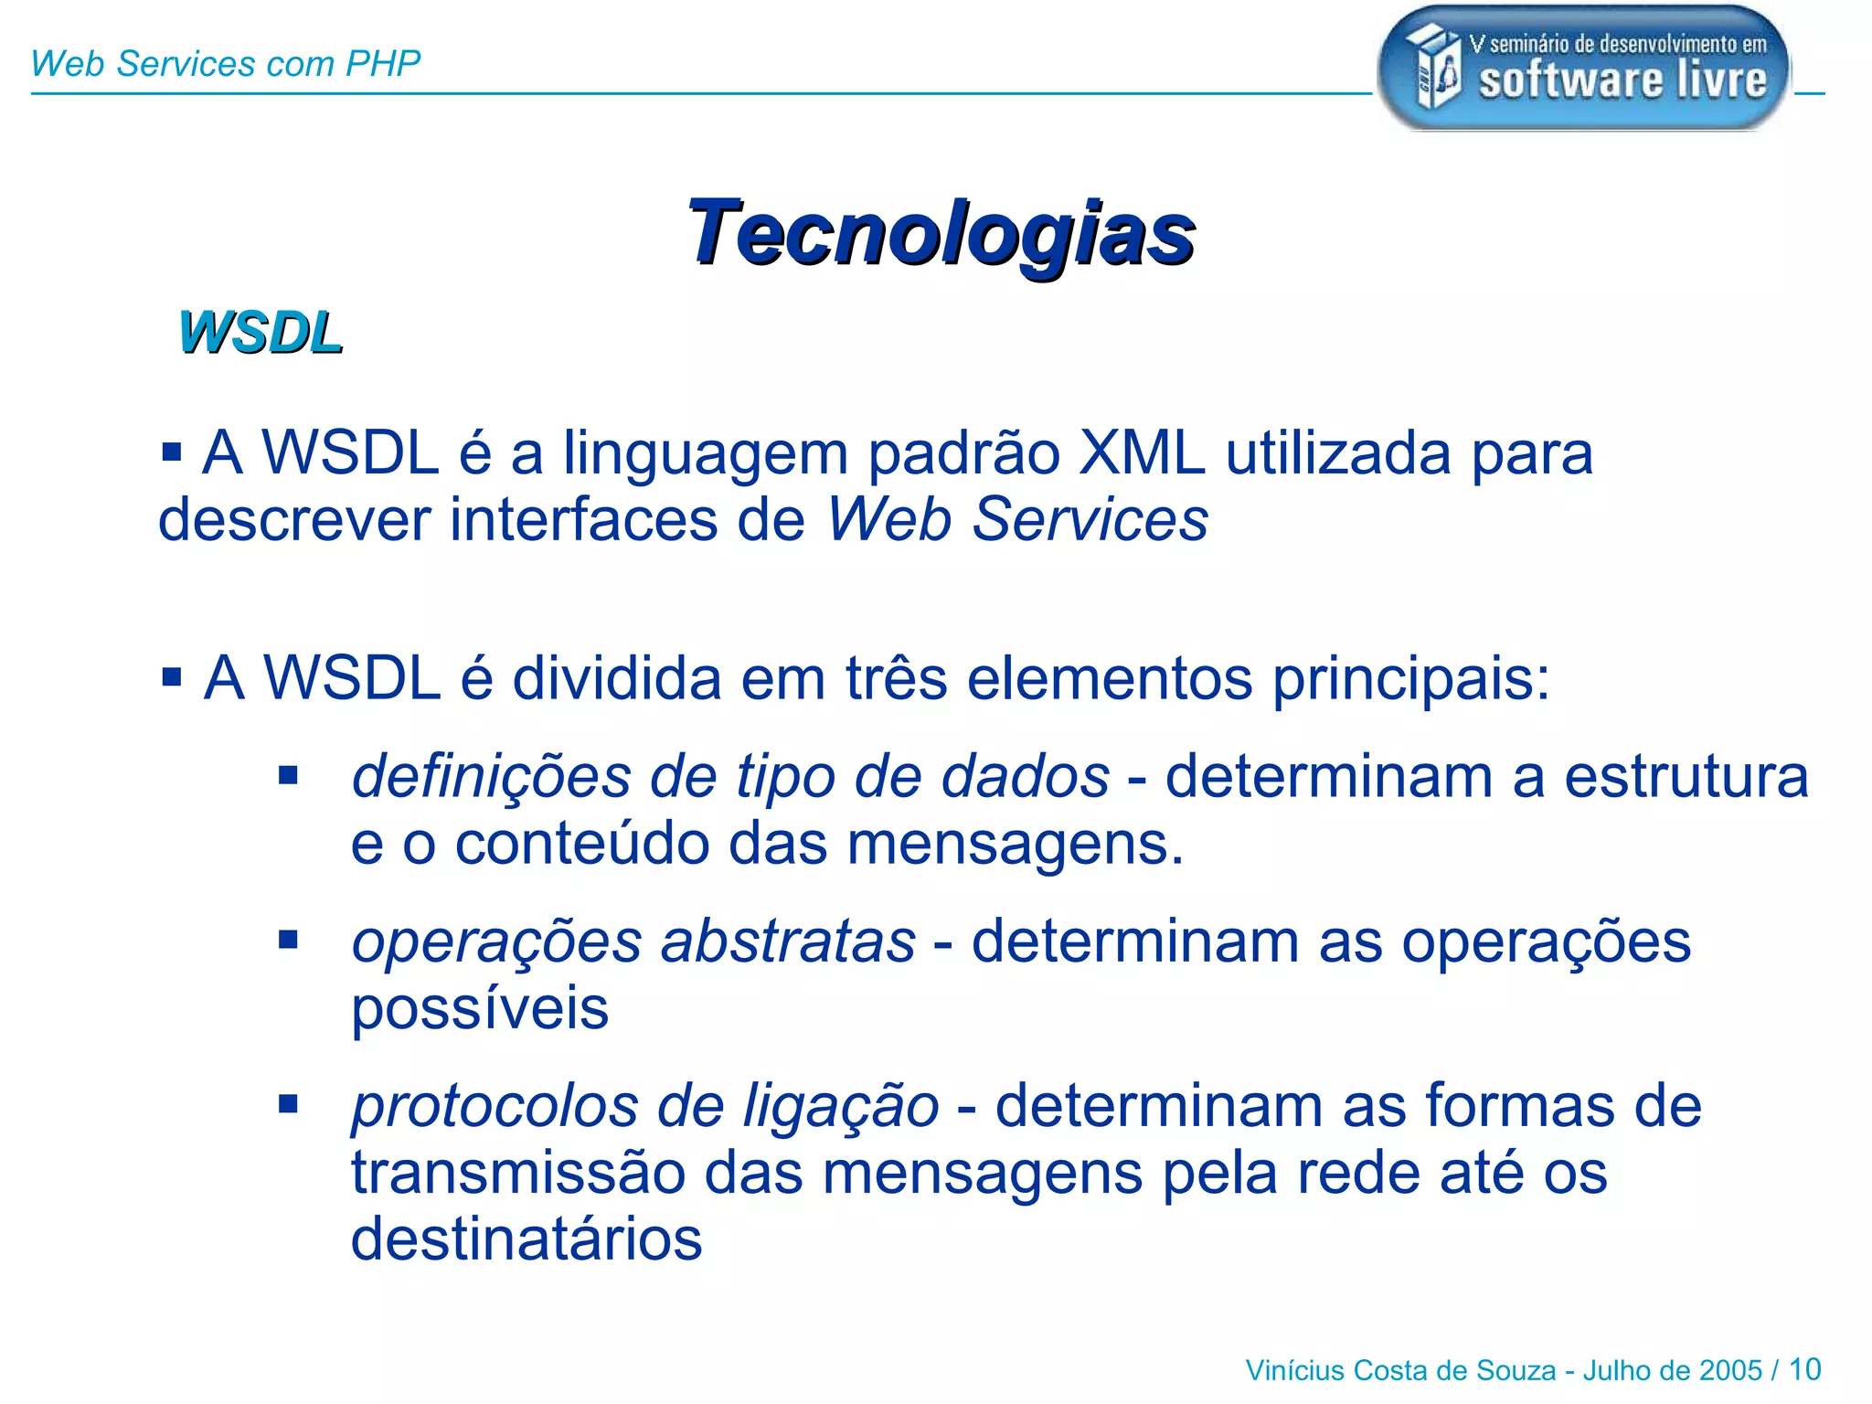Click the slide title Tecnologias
(x=941, y=233)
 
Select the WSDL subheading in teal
(x=261, y=332)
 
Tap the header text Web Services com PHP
(x=225, y=64)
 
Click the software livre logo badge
(x=1583, y=69)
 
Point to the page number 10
(x=1804, y=1369)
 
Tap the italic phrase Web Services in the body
(x=1017, y=519)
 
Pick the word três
(x=896, y=678)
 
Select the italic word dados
(x=1025, y=777)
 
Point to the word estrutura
(x=1686, y=777)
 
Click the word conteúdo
(x=582, y=843)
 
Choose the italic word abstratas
(x=787, y=941)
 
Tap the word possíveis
(x=480, y=1010)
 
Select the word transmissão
(x=518, y=1173)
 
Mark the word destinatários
(x=526, y=1239)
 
